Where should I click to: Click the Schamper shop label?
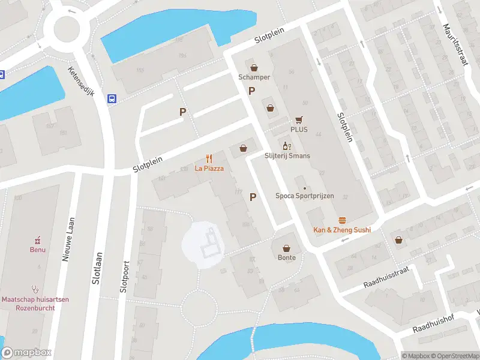pyautogui.click(x=254, y=77)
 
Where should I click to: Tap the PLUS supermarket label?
pyautogui.click(x=299, y=129)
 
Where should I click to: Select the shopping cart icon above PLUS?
pyautogui.click(x=299, y=119)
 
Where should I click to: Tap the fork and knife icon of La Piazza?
pyautogui.click(x=209, y=159)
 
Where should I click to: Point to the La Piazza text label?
pyautogui.click(x=209, y=169)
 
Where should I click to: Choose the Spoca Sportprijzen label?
pyautogui.click(x=304, y=196)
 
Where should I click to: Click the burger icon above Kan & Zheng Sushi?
pyautogui.click(x=342, y=220)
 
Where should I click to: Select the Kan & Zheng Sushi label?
pyautogui.click(x=342, y=230)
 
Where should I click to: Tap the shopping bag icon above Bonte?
pyautogui.click(x=286, y=248)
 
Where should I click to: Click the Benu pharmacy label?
pyautogui.click(x=38, y=250)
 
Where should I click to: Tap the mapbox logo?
pyautogui.click(x=26, y=353)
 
